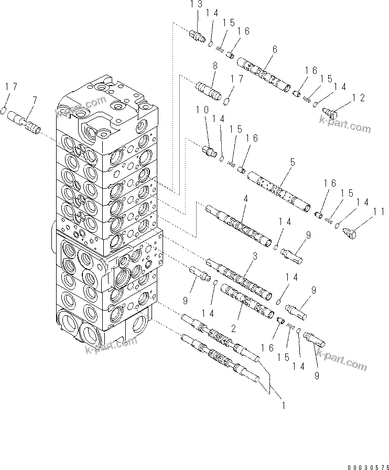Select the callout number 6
tap(274, 50)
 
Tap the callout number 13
tap(196, 18)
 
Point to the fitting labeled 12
tap(333, 111)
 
